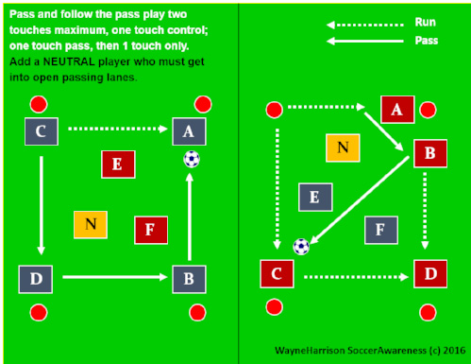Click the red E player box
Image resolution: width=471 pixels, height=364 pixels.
point(117,164)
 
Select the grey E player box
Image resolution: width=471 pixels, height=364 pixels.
point(314,197)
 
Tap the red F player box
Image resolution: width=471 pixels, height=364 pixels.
point(150,229)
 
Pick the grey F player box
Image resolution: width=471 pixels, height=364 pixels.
point(379,229)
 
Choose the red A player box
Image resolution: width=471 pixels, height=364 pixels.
point(396,110)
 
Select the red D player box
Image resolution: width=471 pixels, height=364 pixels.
point(429,274)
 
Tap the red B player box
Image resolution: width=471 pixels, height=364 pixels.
point(429,151)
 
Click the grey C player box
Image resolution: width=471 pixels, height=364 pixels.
point(41,131)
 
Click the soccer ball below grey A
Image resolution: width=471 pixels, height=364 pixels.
point(192,160)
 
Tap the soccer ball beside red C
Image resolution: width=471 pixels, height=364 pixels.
point(301,247)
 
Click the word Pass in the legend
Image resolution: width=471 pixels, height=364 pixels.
point(426,41)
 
